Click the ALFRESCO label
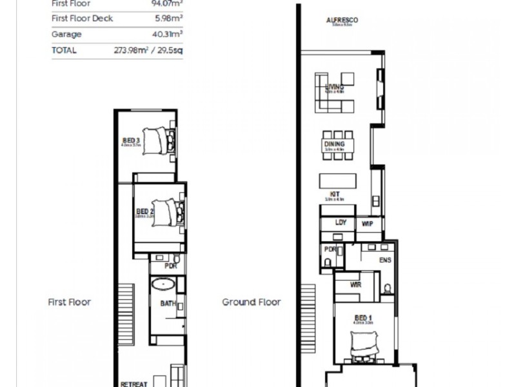coord(342,20)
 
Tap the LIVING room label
coord(334,87)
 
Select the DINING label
coord(334,144)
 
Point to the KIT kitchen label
coord(334,193)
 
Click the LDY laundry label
coord(341,223)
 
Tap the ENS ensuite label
coord(385,261)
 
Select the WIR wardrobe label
coord(355,284)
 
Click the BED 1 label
coord(363,318)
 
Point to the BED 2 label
coord(144,212)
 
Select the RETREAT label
coord(134,383)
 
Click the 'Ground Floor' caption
coord(252,302)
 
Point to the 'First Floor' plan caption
coord(69,302)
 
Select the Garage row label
coord(66,35)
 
